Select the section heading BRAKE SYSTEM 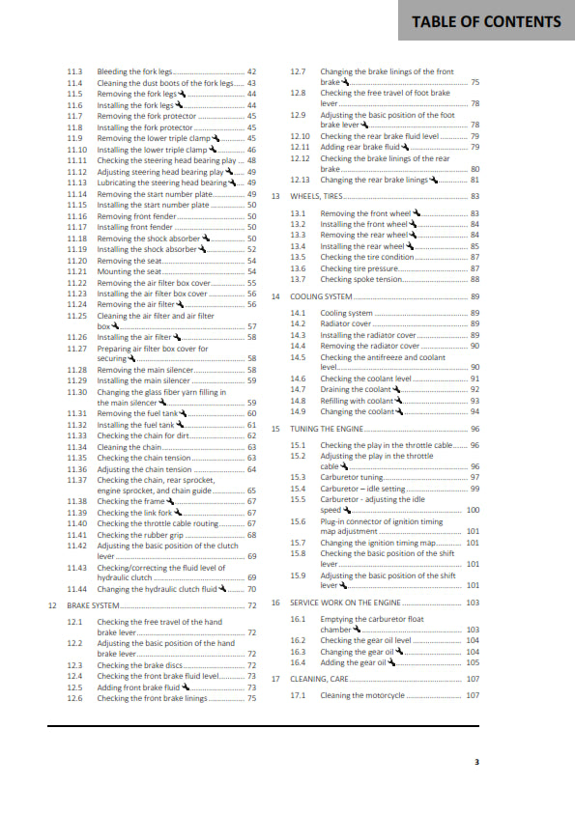click(x=94, y=605)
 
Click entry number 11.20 click(x=77, y=261)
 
